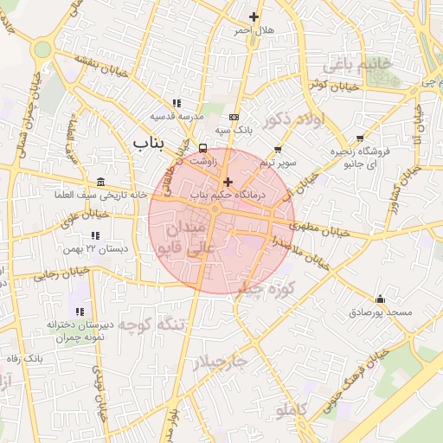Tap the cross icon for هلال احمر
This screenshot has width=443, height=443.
click(254, 16)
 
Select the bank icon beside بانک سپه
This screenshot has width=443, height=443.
click(234, 117)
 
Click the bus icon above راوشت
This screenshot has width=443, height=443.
click(202, 147)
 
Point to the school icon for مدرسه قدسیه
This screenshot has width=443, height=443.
click(177, 103)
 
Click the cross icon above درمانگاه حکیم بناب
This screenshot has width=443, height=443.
click(228, 182)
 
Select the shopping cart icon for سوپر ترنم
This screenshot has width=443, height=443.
click(278, 150)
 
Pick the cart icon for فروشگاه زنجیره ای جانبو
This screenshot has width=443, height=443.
click(360, 138)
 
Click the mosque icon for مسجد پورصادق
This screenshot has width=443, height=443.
click(380, 299)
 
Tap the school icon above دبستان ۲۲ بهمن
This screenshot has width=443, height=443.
click(94, 235)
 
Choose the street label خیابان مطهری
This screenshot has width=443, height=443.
click(323, 229)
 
